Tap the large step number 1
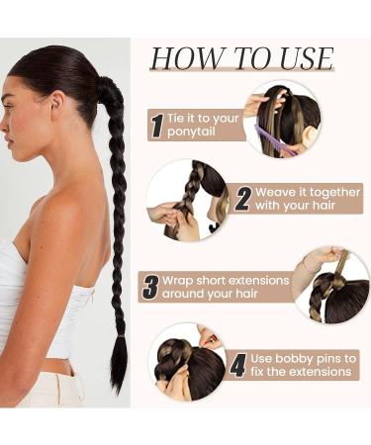coord(157,126)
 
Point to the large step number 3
coord(151,287)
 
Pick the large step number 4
coord(238,365)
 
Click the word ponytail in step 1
coord(191,133)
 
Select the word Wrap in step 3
coord(177,281)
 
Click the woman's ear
coord(57,105)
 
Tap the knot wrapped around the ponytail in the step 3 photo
coord(339,282)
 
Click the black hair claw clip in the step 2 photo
coord(216,227)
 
